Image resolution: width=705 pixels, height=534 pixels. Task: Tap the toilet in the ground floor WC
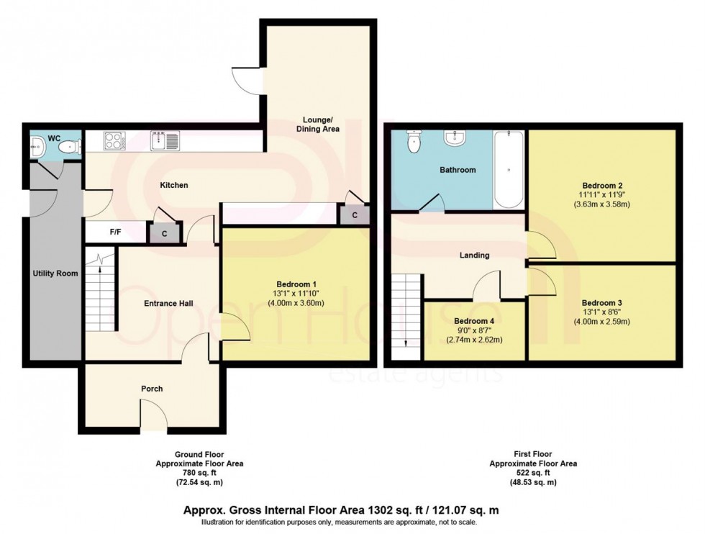pos(70,147)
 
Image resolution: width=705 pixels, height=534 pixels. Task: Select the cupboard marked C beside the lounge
pos(355,214)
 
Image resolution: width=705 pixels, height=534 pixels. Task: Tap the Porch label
pos(152,389)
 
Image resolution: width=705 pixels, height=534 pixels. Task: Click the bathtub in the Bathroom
pos(509,171)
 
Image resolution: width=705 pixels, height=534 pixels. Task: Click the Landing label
pos(474,255)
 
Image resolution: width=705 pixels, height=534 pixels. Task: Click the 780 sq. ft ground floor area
pos(199,474)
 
